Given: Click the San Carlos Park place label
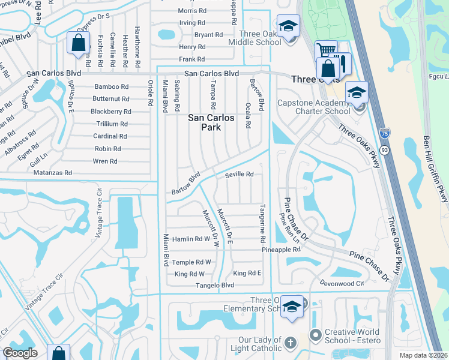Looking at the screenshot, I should click(x=211, y=123).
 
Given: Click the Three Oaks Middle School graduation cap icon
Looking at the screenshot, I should click(x=289, y=27).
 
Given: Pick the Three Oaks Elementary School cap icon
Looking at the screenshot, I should click(x=291, y=306).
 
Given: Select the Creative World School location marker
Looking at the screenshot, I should click(x=315, y=334).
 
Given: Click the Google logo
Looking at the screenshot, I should click(x=20, y=353).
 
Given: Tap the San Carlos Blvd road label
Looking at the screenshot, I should click(x=211, y=73).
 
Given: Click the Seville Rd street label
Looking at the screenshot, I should click(x=239, y=175).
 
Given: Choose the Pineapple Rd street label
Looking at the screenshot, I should click(x=280, y=249).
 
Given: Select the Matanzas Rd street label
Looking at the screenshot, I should click(x=52, y=173).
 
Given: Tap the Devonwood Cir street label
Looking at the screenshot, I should click(x=342, y=283).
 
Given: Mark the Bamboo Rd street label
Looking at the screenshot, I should click(x=111, y=86).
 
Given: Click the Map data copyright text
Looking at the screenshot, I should click(x=423, y=355).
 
